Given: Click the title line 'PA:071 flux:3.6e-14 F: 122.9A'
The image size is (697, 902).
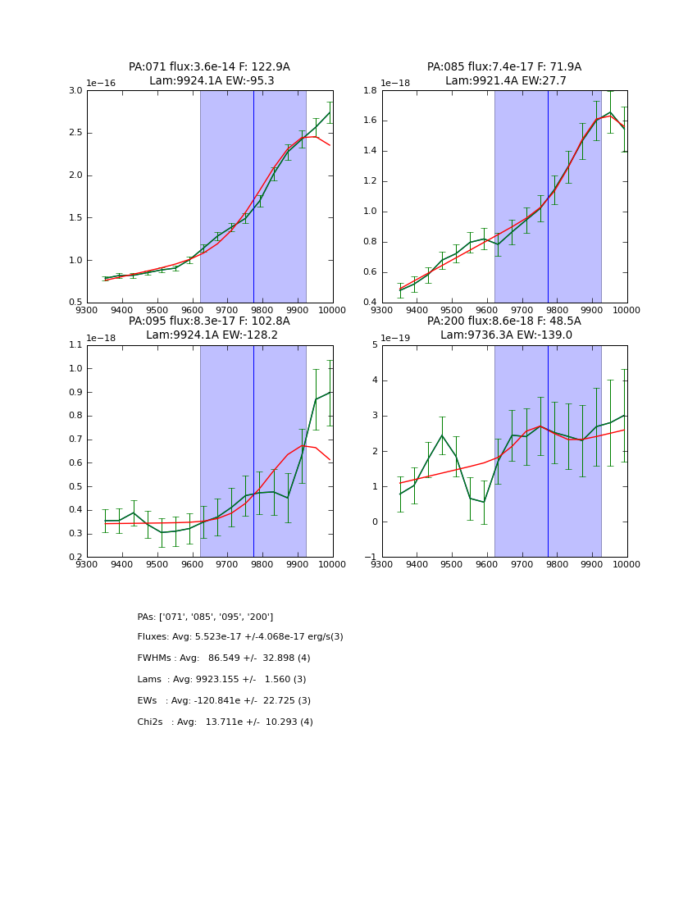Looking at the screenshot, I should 209,67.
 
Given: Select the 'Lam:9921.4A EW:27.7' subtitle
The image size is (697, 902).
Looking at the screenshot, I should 505,81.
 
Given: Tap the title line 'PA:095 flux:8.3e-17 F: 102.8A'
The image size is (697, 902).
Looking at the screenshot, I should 209,321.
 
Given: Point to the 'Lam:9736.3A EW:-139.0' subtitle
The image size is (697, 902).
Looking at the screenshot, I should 505,335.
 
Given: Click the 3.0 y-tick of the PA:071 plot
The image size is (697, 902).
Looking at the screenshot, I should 75,91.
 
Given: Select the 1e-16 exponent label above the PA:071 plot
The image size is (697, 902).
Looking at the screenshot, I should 101,83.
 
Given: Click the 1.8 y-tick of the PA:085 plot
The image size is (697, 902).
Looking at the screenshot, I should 370,91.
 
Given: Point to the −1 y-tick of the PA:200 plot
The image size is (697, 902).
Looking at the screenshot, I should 372,558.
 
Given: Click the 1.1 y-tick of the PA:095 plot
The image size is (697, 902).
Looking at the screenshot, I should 75,345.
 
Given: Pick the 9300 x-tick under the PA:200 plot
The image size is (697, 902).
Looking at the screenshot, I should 382,564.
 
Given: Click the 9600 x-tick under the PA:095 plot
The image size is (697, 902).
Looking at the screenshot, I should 192,564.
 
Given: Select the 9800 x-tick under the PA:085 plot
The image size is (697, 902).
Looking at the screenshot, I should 558,310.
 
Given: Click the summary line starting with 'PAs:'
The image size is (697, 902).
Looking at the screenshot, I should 205,617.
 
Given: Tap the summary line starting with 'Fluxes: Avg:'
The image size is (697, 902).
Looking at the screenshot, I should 240,637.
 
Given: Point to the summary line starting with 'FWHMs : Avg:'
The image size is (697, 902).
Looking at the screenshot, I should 224,658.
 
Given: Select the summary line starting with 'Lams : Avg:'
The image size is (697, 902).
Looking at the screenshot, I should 221,680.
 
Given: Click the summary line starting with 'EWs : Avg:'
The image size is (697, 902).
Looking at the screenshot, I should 224,701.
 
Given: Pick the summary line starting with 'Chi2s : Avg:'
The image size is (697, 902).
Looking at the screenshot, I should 225,722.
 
